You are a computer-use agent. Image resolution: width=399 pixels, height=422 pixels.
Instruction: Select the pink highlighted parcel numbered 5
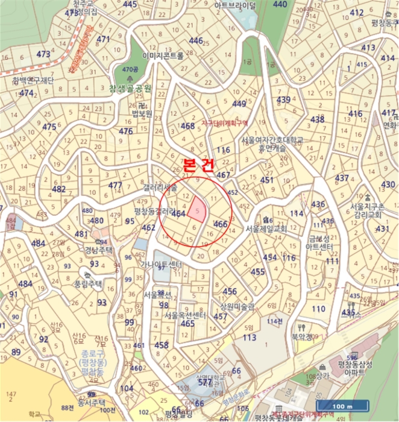pyautogui.click(x=196, y=210)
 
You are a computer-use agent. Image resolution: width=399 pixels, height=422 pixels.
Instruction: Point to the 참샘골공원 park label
pyautogui.click(x=130, y=88)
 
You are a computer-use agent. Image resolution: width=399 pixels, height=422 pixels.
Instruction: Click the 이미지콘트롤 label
pyautogui.click(x=162, y=55)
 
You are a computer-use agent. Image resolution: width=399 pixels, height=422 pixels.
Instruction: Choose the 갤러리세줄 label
pyautogui.click(x=161, y=188)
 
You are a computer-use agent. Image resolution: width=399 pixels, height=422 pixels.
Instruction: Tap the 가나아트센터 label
pyautogui.click(x=161, y=264)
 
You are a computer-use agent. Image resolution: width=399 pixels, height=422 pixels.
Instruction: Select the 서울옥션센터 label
pyautogui.click(x=185, y=315)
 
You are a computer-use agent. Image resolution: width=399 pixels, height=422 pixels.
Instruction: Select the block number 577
pyautogui.click(x=206, y=382)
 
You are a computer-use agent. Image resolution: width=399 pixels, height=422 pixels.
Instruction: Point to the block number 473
pyautogui.click(x=43, y=54)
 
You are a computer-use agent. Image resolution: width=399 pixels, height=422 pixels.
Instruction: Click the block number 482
pyautogui.click(x=58, y=189)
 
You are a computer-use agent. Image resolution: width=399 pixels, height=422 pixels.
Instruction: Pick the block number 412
pyautogui.click(x=357, y=29)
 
